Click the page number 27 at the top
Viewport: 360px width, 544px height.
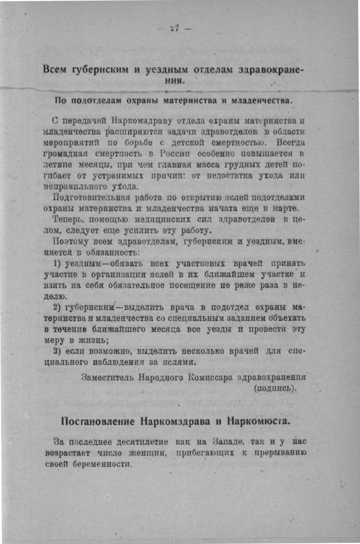175,29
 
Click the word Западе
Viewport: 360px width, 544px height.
225,441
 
